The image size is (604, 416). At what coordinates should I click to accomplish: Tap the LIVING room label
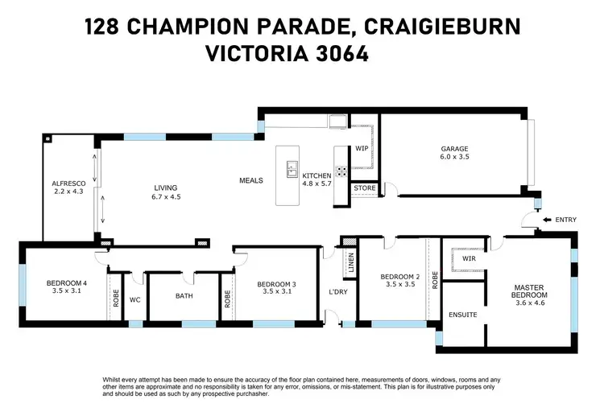[165, 188]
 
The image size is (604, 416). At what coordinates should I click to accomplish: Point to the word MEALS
[251, 180]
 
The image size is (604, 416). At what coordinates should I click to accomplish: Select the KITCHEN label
[316, 175]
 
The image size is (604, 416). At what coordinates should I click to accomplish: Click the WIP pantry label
[362, 149]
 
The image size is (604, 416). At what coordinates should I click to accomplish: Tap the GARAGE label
[454, 149]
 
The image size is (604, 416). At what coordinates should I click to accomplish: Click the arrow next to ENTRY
[548, 220]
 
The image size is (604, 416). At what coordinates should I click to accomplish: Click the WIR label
[469, 260]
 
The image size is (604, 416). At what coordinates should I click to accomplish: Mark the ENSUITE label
[462, 315]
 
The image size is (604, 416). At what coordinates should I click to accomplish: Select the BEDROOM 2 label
[399, 277]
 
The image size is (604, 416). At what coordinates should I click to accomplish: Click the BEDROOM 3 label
[277, 284]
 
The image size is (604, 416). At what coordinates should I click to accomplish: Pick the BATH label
[184, 296]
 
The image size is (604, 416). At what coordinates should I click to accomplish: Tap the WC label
[135, 297]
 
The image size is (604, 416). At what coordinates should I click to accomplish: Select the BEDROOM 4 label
[66, 283]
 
